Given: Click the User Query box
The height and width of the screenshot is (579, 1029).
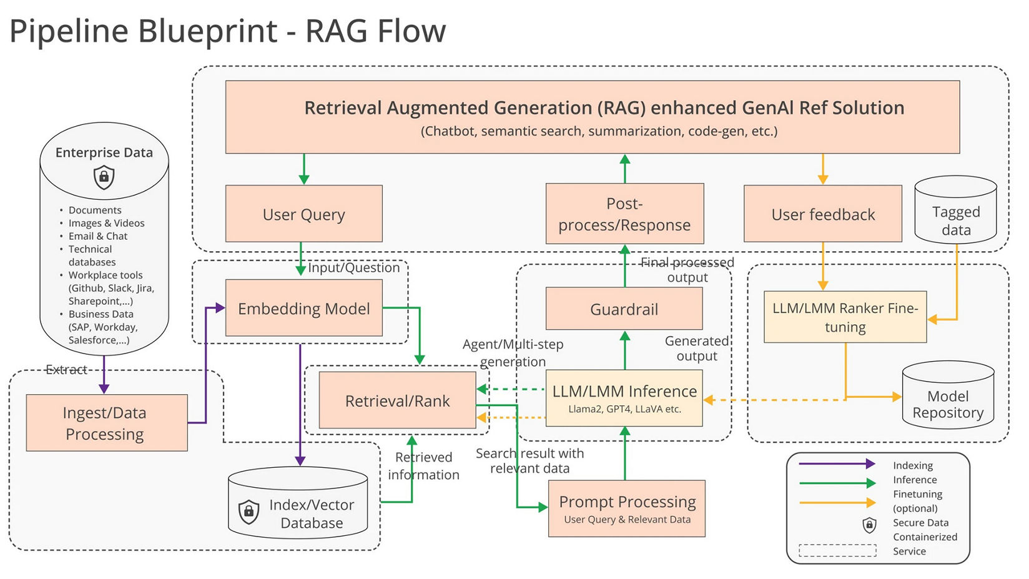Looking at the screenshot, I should click(303, 214).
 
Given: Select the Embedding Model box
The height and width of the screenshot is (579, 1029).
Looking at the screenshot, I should click(303, 308).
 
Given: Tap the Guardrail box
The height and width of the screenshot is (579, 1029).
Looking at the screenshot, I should click(624, 309).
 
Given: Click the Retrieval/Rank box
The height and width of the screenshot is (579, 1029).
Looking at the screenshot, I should click(397, 400).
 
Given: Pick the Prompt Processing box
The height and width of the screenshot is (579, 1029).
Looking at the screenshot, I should click(627, 508).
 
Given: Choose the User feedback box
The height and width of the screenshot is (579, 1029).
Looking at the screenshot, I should click(822, 214).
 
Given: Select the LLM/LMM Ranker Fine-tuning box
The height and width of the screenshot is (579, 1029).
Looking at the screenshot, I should click(845, 317).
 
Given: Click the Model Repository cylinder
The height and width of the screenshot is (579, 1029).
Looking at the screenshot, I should click(948, 400).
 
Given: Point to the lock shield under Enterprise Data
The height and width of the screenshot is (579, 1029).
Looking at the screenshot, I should click(104, 177).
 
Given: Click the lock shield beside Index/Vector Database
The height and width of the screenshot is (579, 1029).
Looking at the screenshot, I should click(249, 512).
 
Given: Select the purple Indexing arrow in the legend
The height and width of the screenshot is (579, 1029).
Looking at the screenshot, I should click(837, 464).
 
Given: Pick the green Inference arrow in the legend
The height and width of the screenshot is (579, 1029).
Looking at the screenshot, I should click(837, 483).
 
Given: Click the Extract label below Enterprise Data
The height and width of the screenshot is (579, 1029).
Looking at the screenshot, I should click(66, 370).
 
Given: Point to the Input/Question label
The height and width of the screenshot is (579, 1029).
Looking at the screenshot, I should click(353, 267).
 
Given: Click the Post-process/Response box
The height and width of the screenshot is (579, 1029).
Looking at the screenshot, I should click(624, 214).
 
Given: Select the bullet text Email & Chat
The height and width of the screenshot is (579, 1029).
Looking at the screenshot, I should click(98, 236).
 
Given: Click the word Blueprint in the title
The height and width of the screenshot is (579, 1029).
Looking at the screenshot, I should click(207, 31).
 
